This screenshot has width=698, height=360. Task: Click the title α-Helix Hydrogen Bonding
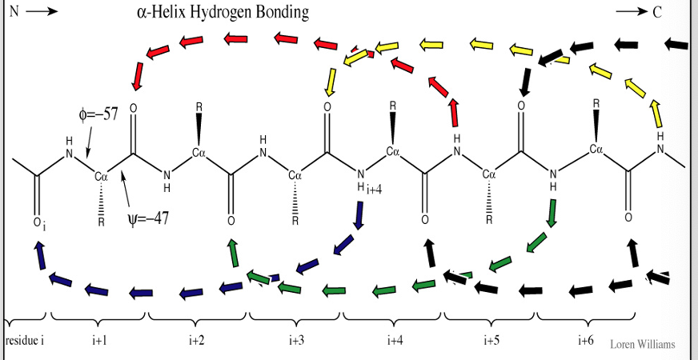coord(223,14)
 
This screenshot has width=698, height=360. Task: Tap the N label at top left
coord(14,14)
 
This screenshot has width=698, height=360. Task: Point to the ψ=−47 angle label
coord(149,218)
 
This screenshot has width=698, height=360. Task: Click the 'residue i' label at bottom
coord(25,341)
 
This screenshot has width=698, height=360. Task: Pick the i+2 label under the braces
coord(196,341)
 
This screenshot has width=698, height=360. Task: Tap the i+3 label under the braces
coord(296,341)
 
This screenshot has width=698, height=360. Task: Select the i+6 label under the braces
coord(586,341)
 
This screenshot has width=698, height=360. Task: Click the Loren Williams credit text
coord(643,345)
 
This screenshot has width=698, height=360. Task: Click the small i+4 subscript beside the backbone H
coord(375,190)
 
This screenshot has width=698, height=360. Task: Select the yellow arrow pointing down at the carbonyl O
coord(329,80)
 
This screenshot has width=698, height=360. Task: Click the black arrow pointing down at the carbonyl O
coord(525,80)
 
